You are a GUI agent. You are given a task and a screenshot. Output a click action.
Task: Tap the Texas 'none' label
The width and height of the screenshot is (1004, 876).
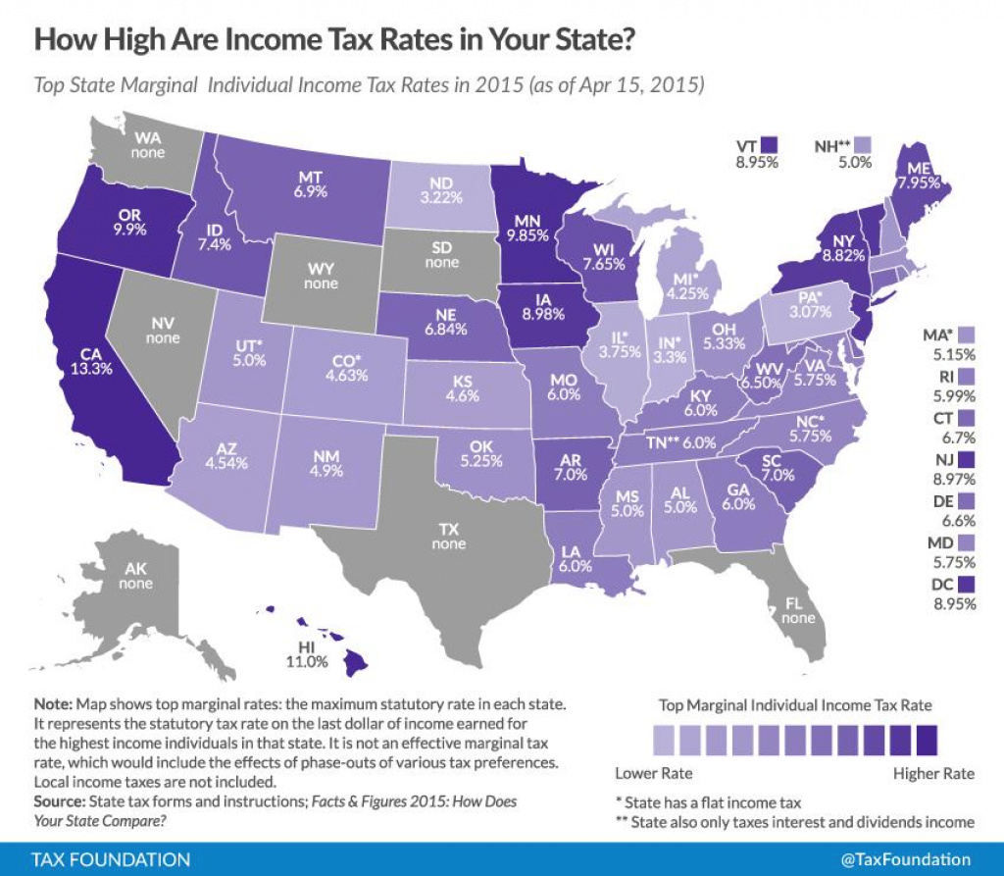(449, 543)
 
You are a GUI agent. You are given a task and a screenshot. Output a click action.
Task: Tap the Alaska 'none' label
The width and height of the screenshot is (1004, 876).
(135, 584)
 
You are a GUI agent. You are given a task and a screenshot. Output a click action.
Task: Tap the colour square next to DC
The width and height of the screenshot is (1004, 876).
(969, 586)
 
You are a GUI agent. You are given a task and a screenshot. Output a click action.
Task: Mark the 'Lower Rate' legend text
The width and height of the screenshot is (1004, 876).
(651, 773)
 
